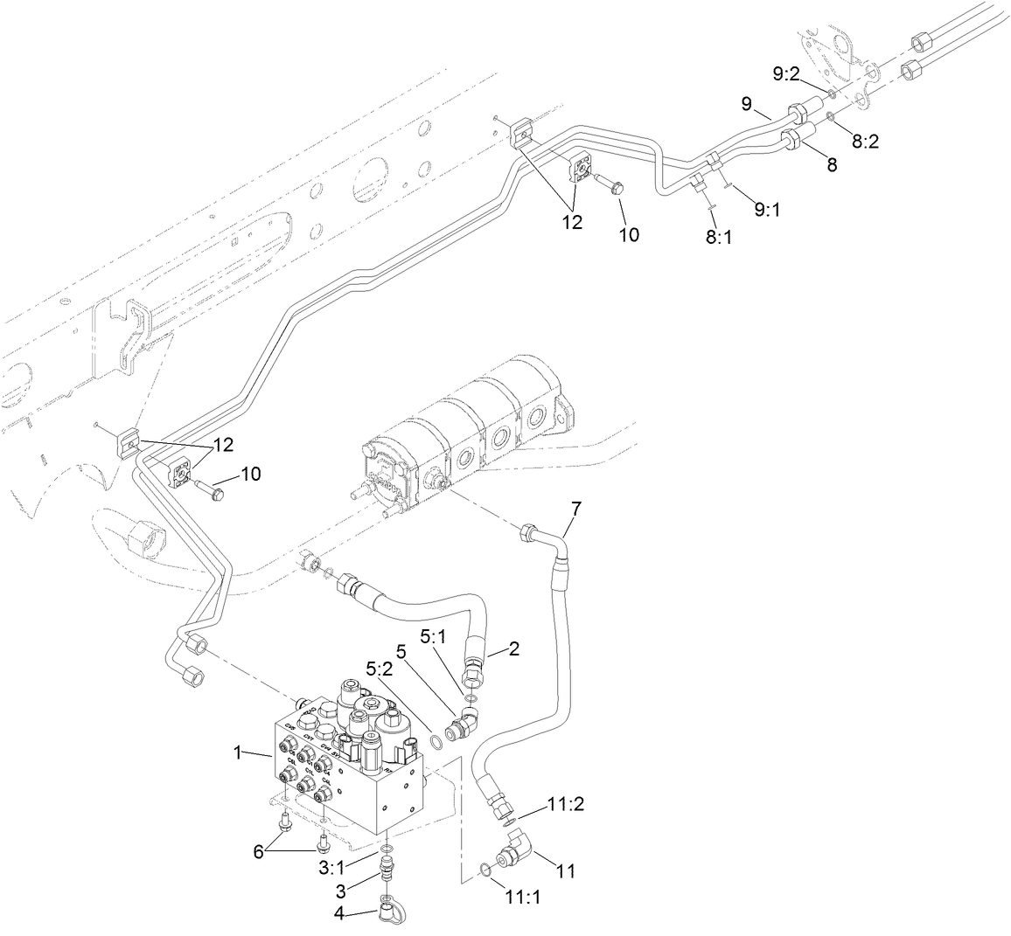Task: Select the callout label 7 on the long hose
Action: [575, 508]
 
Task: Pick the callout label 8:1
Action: [719, 237]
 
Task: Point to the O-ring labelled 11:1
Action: [485, 868]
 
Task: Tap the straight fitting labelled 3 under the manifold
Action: [386, 871]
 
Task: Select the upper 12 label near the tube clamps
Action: [572, 222]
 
